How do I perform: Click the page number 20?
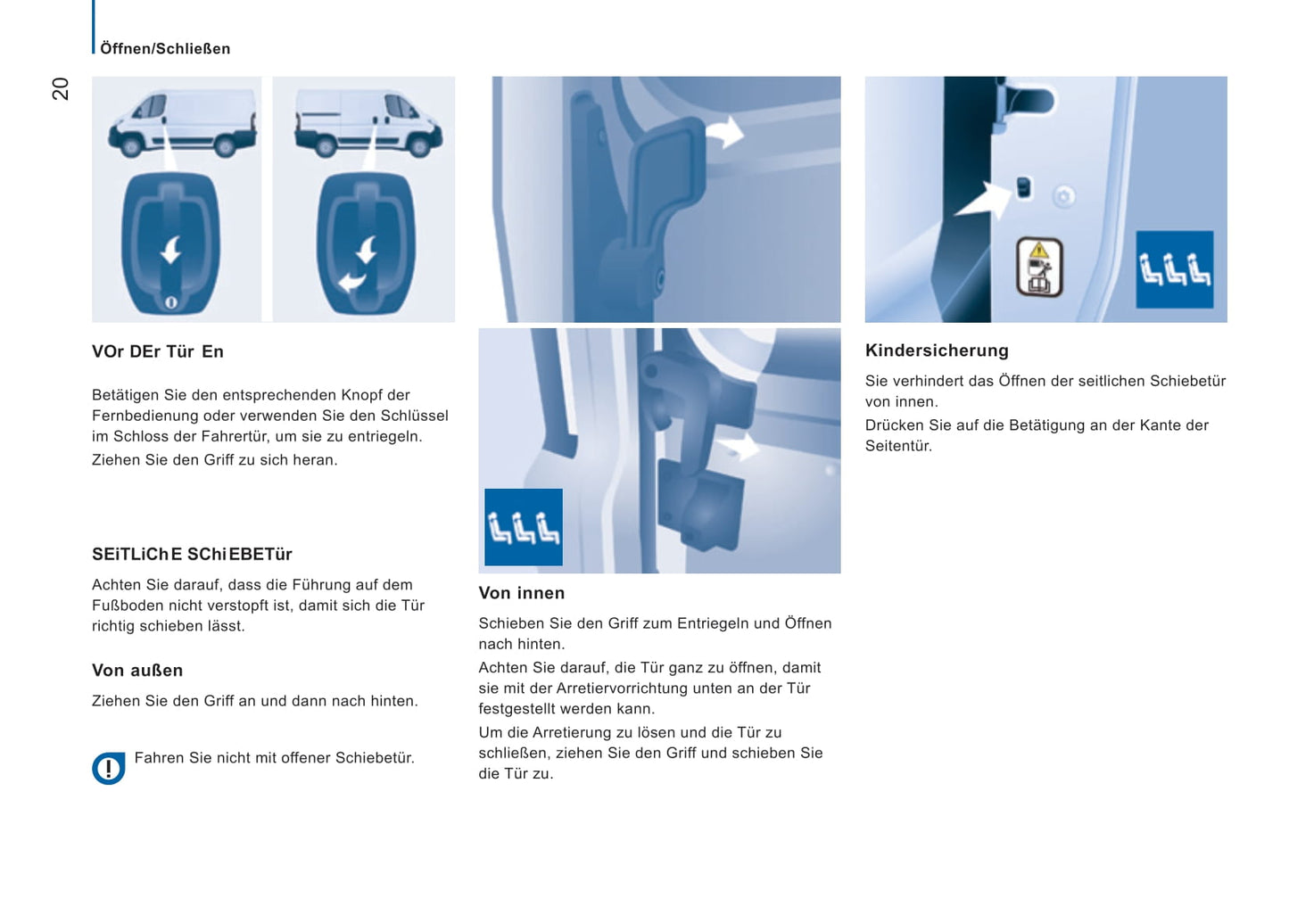coord(60,88)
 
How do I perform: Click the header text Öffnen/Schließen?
coord(165,49)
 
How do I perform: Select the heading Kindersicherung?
coord(937,350)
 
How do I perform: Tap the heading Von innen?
coord(521,593)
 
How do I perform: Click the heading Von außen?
coord(137,671)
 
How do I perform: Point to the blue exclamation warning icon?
coord(109,768)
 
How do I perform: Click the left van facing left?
coord(182,123)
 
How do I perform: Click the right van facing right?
coord(368,123)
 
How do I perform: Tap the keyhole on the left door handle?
coord(171,302)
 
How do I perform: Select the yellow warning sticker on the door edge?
coord(1039,266)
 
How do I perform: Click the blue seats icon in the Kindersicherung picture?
coord(1174,269)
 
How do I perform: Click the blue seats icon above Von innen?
coord(524,527)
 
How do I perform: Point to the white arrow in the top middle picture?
coord(724,132)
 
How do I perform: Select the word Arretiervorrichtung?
coord(633,688)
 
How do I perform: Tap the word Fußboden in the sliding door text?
coord(128,606)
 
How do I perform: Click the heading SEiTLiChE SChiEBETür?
coord(192,555)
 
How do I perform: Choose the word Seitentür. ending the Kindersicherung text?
coord(898,446)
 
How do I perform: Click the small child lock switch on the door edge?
coord(1023,187)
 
